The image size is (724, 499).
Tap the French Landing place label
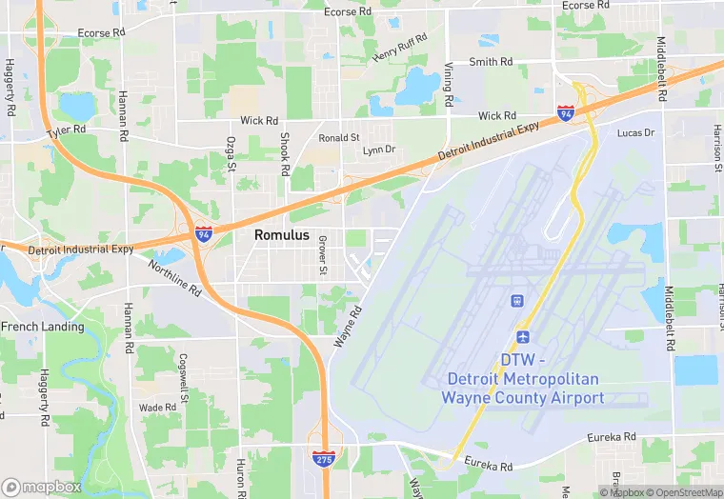point(43,327)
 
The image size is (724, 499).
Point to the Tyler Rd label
point(68,130)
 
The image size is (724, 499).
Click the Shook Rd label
point(284,153)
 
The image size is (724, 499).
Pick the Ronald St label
point(339,137)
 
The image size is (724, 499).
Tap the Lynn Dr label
point(378,150)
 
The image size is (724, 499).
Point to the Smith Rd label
point(491,62)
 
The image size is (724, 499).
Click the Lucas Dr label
point(636,132)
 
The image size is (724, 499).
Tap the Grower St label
point(323,257)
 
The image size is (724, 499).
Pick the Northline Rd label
point(173,276)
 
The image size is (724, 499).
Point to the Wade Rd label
point(157,408)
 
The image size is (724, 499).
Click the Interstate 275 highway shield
point(323,459)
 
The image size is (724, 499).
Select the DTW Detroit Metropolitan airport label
point(522,379)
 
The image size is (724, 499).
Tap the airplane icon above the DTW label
point(522,338)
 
